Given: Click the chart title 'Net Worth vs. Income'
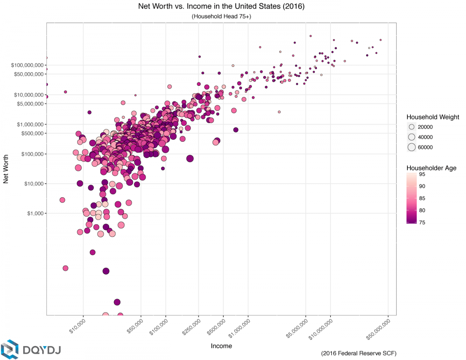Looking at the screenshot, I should click(x=221, y=7).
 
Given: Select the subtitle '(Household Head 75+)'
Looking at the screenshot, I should click(x=221, y=17).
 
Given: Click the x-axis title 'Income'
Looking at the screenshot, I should click(x=221, y=346).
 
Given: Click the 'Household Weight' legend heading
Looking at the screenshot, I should click(x=433, y=117).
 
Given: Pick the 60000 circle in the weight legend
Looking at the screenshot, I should click(x=412, y=147).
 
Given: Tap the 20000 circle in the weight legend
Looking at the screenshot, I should click(x=412, y=127).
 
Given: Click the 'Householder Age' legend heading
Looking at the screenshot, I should click(x=431, y=168).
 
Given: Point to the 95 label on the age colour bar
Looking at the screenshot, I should click(x=422, y=174).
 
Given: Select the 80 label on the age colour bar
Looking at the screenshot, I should click(x=422, y=210).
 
